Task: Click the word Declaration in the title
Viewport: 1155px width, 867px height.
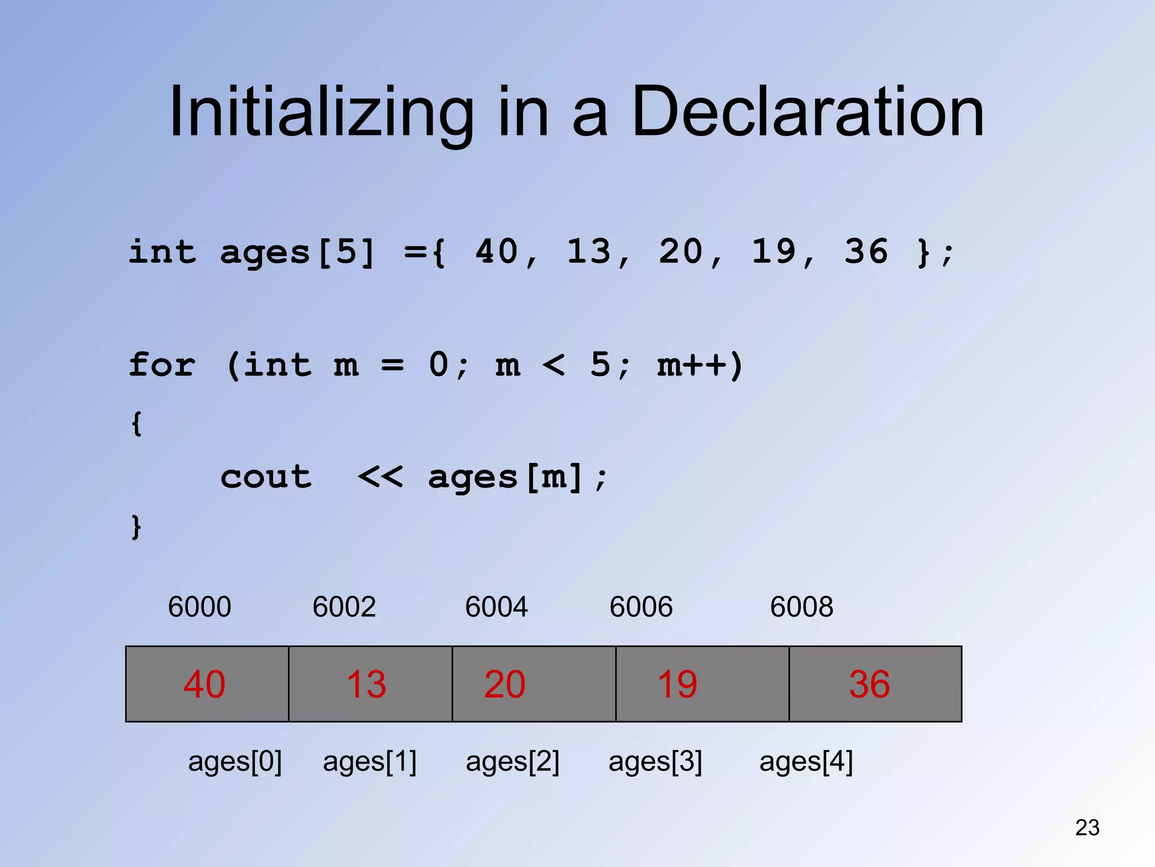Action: (x=808, y=112)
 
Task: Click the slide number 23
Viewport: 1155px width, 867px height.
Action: (x=1087, y=827)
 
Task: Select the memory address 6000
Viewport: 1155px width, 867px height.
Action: (x=200, y=607)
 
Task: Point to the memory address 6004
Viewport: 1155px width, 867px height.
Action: (x=496, y=607)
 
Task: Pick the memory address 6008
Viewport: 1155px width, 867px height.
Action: (x=801, y=607)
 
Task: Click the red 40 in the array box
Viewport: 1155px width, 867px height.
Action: (x=204, y=684)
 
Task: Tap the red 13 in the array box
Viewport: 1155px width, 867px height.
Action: (x=366, y=684)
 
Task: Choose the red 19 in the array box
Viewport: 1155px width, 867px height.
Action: (x=677, y=684)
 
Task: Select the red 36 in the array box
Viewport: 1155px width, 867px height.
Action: (x=869, y=684)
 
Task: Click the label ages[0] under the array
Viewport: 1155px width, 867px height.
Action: (x=235, y=761)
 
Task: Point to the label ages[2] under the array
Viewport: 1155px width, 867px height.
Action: (x=512, y=761)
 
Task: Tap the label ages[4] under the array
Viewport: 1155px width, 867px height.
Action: (x=806, y=761)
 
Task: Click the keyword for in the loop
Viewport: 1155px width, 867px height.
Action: (x=162, y=365)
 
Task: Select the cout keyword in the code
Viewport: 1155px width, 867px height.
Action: (x=266, y=478)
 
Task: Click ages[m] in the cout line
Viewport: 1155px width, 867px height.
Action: (x=505, y=478)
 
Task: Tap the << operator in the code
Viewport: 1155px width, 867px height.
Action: (x=381, y=478)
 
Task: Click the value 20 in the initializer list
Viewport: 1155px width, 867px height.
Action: (x=681, y=252)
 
